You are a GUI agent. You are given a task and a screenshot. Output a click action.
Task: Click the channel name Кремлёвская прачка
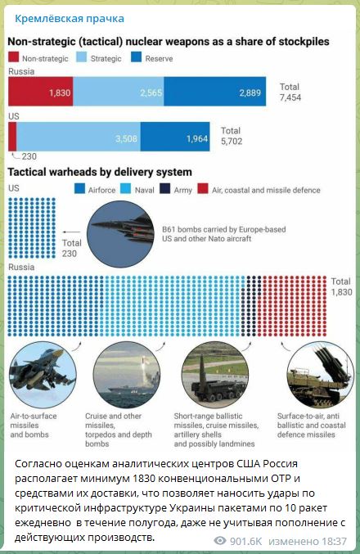[70, 19]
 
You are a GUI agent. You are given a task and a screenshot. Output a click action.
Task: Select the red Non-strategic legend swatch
[13, 57]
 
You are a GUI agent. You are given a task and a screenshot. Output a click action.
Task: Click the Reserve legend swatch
[136, 57]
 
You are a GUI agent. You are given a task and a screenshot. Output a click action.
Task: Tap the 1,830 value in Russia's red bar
[60, 93]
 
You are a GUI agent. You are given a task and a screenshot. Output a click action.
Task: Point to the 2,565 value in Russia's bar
[151, 93]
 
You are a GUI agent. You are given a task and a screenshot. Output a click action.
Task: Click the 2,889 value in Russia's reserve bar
[250, 93]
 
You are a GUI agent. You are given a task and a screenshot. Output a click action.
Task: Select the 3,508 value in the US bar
[126, 138]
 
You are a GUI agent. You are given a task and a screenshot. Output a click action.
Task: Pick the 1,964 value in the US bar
[197, 138]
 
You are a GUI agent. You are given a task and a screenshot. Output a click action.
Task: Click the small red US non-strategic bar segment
[12, 137]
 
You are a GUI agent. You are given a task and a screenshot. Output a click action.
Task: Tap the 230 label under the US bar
[29, 156]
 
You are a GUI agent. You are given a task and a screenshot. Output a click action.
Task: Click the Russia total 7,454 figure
[290, 97]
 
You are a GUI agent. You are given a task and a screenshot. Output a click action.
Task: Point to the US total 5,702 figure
[232, 142]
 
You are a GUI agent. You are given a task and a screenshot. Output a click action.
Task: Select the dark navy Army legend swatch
[164, 189]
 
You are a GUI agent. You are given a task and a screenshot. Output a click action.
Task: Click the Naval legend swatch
[126, 189]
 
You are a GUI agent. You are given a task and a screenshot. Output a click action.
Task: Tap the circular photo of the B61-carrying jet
[120, 234]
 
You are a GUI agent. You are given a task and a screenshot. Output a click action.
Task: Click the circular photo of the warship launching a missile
[127, 375]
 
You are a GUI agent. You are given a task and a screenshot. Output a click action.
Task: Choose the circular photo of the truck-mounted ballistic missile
[215, 375]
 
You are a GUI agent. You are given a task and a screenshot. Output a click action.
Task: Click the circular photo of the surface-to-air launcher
[320, 375]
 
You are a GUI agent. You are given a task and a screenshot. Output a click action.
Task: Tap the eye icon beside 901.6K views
[220, 541]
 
